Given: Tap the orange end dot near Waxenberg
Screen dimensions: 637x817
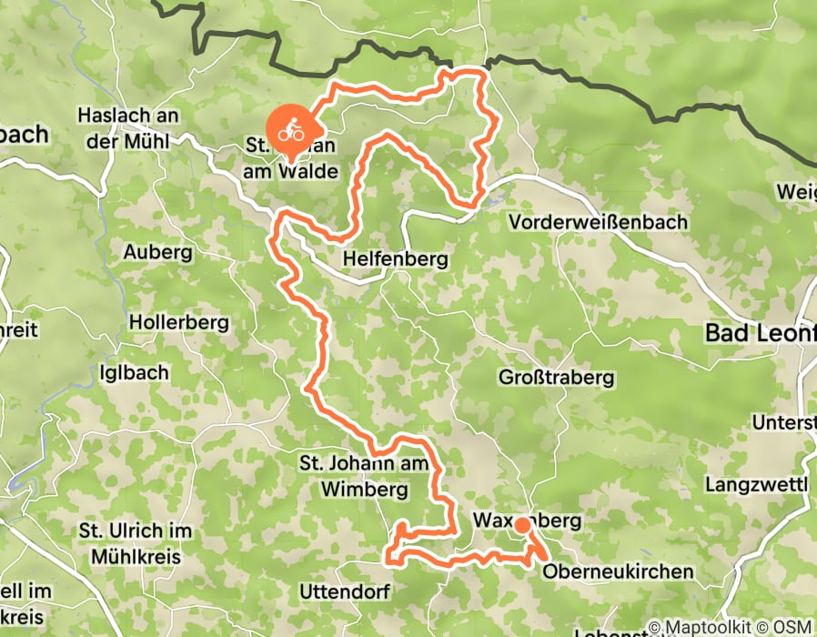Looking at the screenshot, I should [522, 525].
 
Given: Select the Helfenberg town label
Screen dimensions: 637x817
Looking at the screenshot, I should [395, 259].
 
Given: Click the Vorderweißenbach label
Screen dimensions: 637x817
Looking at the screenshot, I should [599, 222].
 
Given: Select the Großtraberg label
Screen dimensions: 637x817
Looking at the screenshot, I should [557, 377].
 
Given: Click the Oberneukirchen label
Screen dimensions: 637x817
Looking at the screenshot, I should [618, 571].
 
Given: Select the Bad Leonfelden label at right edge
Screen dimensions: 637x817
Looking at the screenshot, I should [761, 334].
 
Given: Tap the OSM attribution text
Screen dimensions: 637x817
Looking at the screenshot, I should [793, 627].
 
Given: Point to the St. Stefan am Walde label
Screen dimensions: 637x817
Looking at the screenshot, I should [292, 158].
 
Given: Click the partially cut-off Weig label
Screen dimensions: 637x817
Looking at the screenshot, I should [796, 192].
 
